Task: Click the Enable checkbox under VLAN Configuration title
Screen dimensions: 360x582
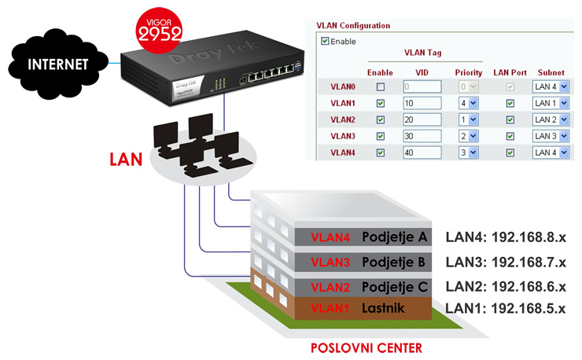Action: coord(325,41)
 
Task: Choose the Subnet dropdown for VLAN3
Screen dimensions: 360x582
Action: coord(550,136)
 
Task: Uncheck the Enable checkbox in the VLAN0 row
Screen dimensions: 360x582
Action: coord(381,86)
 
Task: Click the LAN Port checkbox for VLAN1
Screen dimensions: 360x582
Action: coord(510,103)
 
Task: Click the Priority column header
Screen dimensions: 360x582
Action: coord(469,72)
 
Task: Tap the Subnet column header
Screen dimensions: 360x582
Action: coord(550,72)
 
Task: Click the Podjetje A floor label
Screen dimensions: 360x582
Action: coord(394,237)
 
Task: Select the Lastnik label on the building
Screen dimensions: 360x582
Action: coord(383,308)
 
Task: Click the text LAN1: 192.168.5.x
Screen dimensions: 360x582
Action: coord(506,308)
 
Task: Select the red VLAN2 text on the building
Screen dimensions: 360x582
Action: coord(331,285)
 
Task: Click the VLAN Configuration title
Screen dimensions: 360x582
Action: coord(353,25)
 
